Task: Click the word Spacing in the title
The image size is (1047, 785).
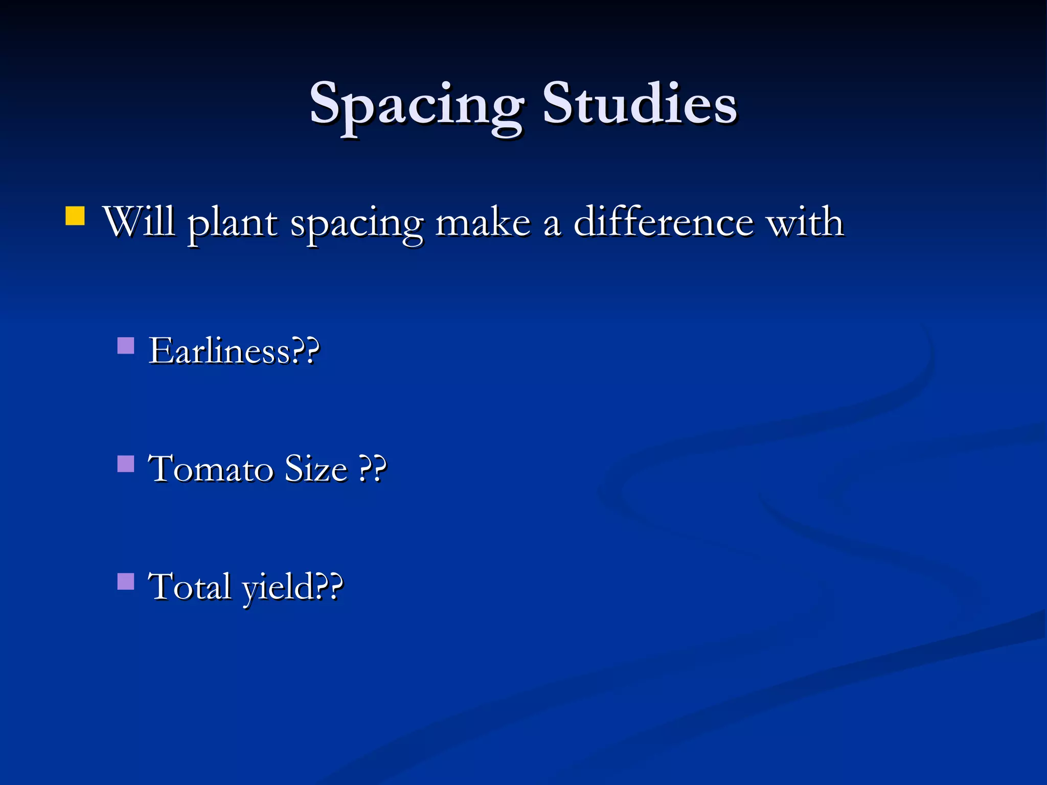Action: coord(417,105)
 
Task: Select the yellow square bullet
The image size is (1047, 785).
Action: coord(75,216)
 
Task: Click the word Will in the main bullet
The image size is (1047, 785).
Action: coord(139,222)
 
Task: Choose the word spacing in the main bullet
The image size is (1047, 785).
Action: coord(357,225)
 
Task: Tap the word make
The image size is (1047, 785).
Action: coord(483,223)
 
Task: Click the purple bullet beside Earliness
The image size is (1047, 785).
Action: coord(126,346)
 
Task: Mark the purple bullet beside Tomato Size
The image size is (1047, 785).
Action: coord(126,464)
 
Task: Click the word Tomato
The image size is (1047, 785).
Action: coord(211,469)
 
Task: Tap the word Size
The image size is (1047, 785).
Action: coord(315,469)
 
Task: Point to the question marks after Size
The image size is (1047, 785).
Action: coord(372,469)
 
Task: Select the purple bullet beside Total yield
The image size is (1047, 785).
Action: coord(126,581)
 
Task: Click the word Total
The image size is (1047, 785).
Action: coord(189,586)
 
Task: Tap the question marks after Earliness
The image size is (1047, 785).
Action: coord(305,351)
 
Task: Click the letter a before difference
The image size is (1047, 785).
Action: coord(552,225)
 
